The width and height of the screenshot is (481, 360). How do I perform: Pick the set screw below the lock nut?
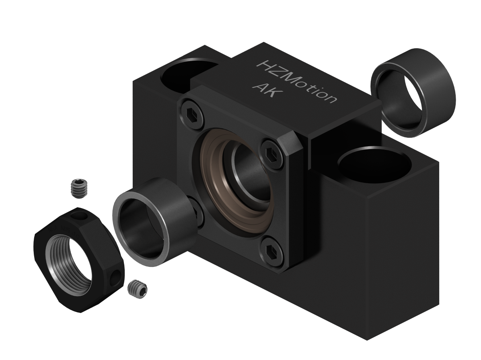click(x=137, y=289)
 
